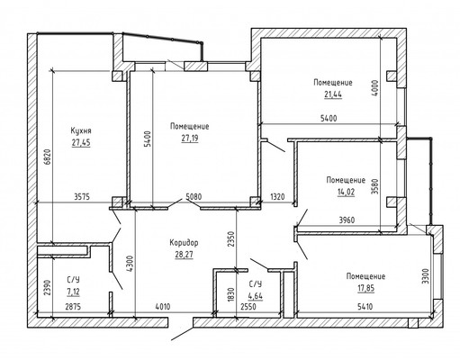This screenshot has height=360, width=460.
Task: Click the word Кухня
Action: (x=81, y=130)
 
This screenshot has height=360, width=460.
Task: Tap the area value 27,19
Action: (x=189, y=139)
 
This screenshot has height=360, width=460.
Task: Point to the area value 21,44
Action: (x=321, y=94)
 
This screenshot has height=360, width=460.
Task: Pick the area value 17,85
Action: (x=365, y=287)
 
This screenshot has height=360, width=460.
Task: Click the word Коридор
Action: (x=183, y=243)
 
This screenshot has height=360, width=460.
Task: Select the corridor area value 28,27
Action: (x=183, y=255)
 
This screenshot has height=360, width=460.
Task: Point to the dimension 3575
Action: (x=87, y=197)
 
